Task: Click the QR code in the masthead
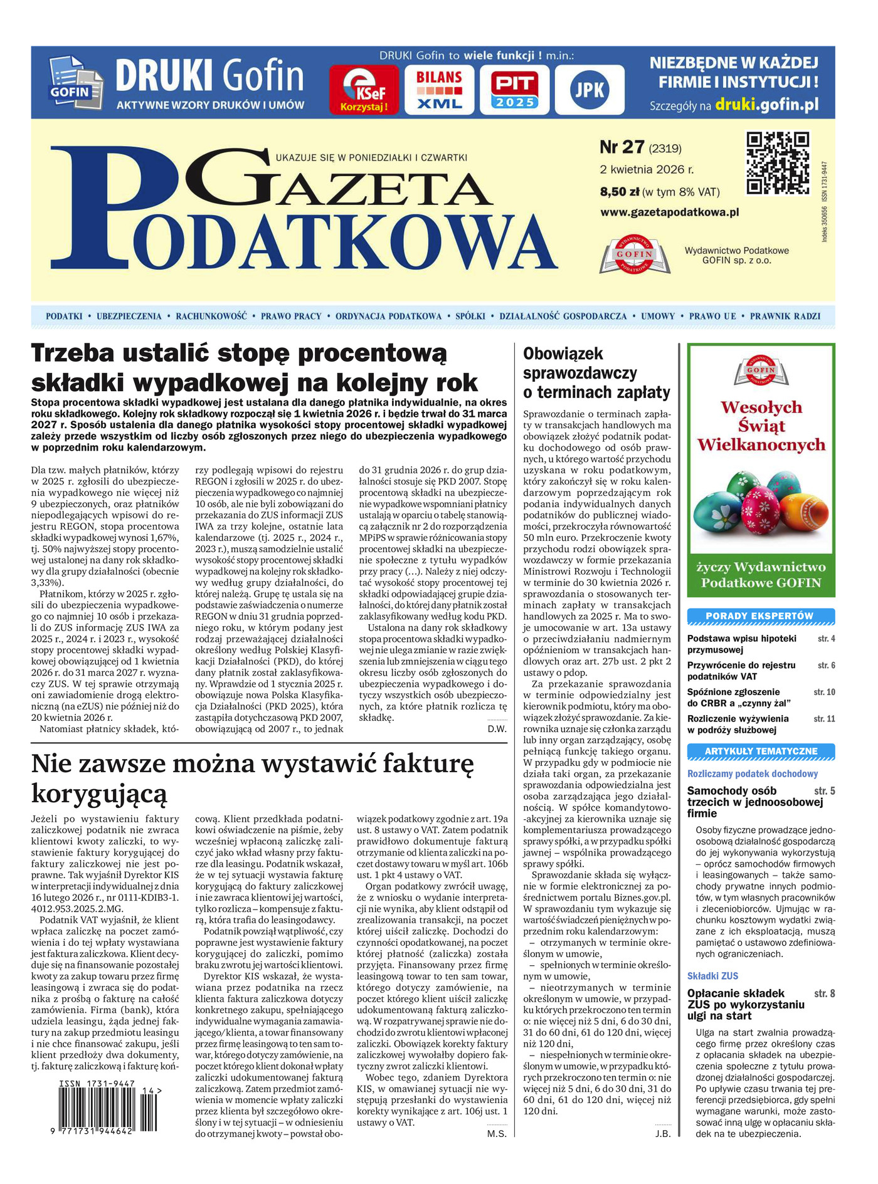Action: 777,163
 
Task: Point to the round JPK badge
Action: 590,90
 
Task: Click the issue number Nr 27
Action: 622,147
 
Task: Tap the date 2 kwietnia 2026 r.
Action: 647,169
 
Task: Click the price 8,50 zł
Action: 620,192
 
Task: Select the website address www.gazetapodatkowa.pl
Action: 669,212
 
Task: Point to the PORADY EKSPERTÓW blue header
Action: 760,616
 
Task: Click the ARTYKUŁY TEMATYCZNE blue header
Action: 760,751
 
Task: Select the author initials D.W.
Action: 497,728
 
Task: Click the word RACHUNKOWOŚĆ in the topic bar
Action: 211,317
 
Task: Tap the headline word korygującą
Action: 100,794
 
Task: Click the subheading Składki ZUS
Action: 712,976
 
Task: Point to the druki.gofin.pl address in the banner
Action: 766,105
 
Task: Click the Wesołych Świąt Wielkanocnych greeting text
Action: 761,426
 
